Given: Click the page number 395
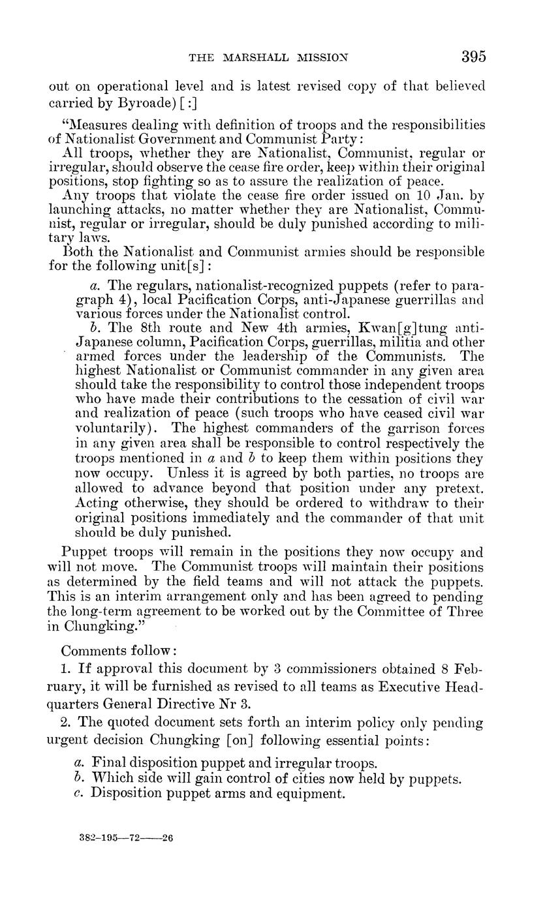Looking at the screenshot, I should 473,57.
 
